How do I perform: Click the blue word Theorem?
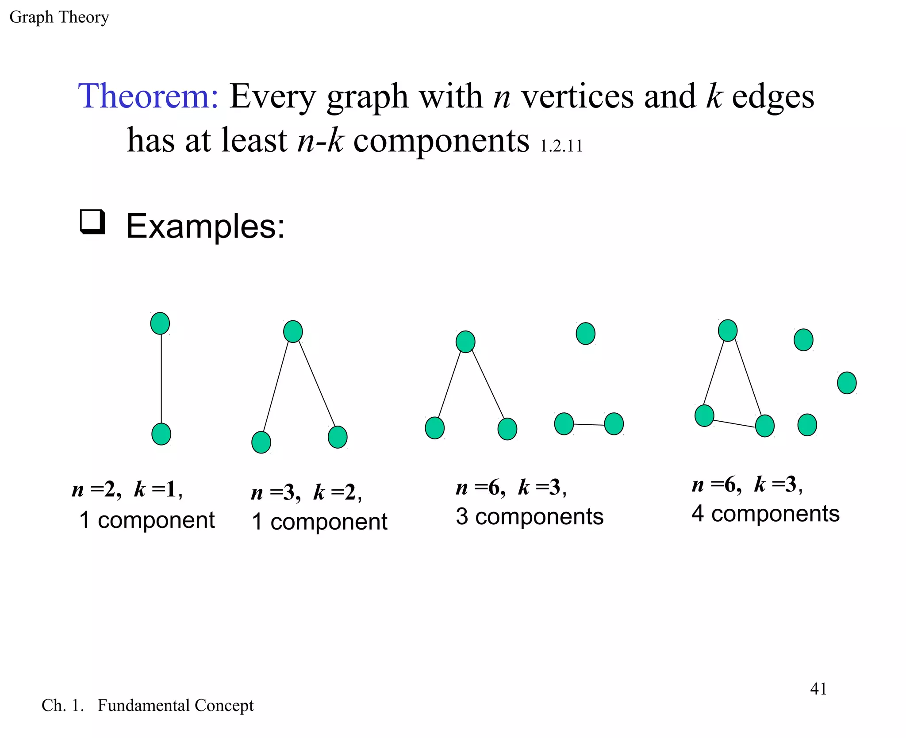[148, 96]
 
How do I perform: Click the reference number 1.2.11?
[561, 146]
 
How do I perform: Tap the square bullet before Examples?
[92, 222]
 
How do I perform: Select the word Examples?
[205, 226]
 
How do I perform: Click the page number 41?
[818, 689]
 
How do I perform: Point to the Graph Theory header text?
[59, 17]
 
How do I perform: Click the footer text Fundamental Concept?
[175, 705]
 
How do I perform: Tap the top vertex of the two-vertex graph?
[160, 323]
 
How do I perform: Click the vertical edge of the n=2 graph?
[161, 378]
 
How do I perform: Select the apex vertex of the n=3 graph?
[293, 331]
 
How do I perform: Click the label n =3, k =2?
[306, 492]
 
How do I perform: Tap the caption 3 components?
[530, 516]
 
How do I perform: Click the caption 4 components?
[765, 514]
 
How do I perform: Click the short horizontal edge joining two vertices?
[589, 424]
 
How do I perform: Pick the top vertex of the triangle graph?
[728, 331]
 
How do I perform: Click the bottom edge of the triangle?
[734, 423]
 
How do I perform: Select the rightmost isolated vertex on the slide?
[847, 383]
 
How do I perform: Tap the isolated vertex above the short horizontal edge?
[585, 334]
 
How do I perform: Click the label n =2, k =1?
[127, 489]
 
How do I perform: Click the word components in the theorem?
[441, 141]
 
